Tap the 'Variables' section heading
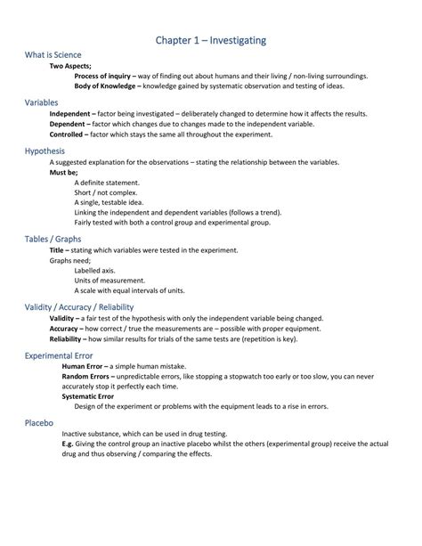click(42, 102)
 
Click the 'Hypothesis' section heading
click(45, 151)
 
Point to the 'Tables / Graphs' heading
click(53, 239)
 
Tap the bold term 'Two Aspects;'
click(70, 66)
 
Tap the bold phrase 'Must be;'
click(63, 173)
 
